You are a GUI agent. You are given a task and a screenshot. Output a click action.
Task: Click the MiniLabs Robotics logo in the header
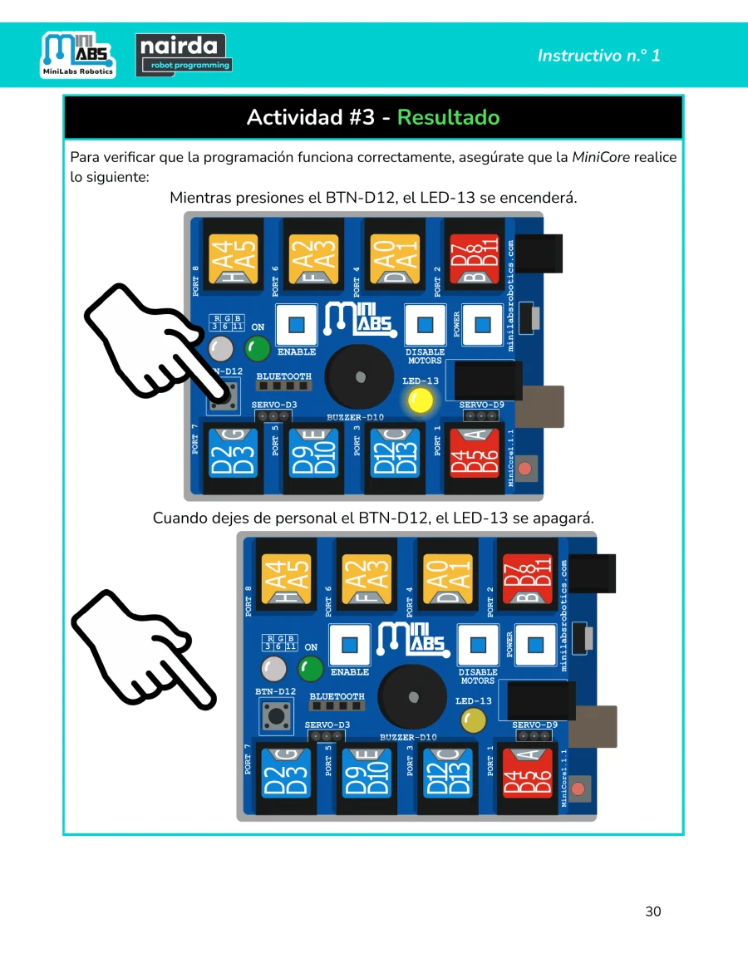(x=78, y=54)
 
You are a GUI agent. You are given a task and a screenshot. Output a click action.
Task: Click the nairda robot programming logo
(x=184, y=55)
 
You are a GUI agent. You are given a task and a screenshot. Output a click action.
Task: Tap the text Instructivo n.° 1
(x=598, y=56)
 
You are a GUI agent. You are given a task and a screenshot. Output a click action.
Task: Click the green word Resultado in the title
(x=449, y=116)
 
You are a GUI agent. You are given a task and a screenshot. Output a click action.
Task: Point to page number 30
(x=653, y=911)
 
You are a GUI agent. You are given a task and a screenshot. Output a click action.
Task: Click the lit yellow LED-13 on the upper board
(x=421, y=400)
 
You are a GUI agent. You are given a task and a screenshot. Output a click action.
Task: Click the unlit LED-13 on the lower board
(x=474, y=720)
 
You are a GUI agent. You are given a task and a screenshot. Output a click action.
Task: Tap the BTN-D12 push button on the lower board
(x=275, y=715)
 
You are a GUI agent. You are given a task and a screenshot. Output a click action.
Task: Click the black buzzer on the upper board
(x=360, y=376)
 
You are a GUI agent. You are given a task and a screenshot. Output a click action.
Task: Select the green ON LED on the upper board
(x=257, y=349)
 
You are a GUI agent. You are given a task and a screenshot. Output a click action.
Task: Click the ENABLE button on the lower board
(x=350, y=645)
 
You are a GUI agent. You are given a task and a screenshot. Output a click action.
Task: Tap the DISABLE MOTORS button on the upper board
(x=425, y=325)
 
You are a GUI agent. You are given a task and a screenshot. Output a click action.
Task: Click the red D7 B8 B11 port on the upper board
(x=474, y=258)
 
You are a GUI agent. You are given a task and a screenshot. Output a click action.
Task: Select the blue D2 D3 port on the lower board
(x=286, y=773)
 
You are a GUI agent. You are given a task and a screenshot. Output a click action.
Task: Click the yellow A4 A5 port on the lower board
(x=285, y=579)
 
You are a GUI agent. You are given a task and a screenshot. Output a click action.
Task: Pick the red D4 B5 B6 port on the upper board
(x=474, y=453)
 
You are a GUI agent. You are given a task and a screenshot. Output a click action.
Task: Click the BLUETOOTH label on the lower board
(x=337, y=696)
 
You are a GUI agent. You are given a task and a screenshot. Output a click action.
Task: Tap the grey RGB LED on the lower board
(x=273, y=669)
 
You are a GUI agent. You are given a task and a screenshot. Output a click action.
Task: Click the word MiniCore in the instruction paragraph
(x=601, y=157)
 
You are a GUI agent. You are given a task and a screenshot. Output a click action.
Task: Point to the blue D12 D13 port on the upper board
(x=394, y=453)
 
